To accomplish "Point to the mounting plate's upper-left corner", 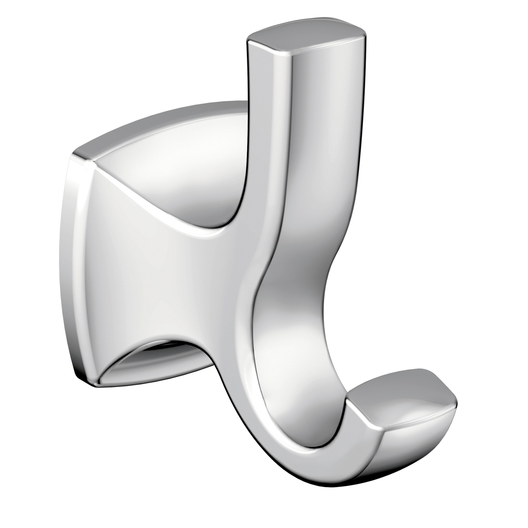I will pos(79,155).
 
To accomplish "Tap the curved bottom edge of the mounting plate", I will pos(153,387).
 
